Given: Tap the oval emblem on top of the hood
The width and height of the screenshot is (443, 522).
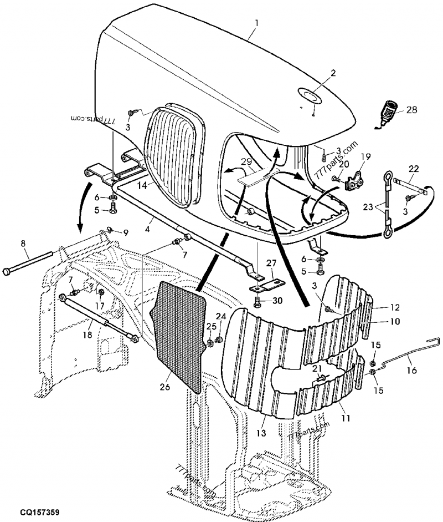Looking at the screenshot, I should pyautogui.click(x=309, y=95).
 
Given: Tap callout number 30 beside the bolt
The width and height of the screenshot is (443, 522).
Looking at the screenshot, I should pyautogui.click(x=277, y=301).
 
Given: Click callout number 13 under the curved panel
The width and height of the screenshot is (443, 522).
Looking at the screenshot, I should pyautogui.click(x=261, y=433).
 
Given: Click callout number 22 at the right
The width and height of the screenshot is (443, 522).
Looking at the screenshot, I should pyautogui.click(x=414, y=169).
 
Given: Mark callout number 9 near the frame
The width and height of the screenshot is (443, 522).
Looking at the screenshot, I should pyautogui.click(x=125, y=232).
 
